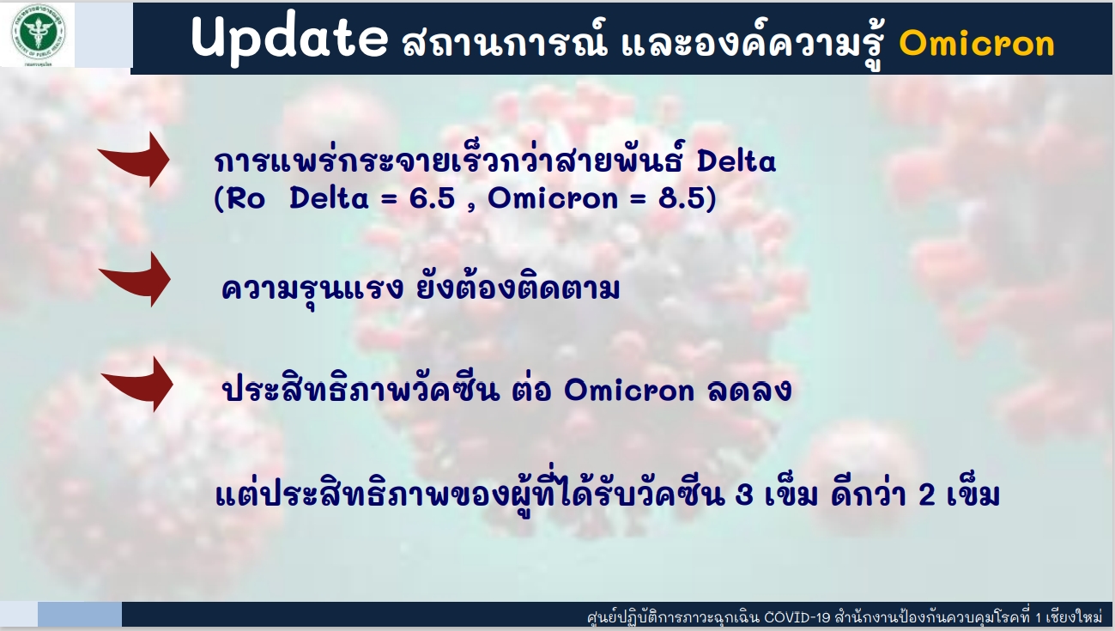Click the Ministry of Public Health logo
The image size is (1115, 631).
pos(39,33)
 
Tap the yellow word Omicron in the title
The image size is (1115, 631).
pos(977,44)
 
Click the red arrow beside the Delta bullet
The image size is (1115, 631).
pos(134,160)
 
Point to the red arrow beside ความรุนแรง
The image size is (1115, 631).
pos(135,279)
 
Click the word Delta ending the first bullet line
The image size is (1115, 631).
pos(736,161)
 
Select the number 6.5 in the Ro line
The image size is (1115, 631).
pos(432,197)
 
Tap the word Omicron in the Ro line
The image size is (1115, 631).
pos(553,197)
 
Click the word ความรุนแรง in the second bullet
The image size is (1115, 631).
pos(312,288)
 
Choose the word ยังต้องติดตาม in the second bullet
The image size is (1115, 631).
pos(518,288)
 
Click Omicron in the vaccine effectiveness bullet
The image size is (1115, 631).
pos(629,391)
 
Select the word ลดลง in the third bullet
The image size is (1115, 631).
pos(749,390)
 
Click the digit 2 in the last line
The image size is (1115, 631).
pos(927,495)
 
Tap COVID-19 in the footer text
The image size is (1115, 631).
pos(797,617)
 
